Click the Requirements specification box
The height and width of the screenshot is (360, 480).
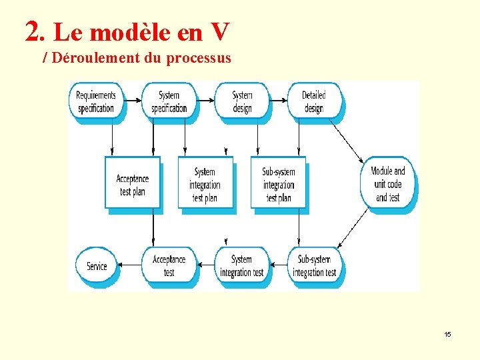[96, 102]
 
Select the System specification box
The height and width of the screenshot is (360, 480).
[169, 102]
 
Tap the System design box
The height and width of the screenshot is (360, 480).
[243, 102]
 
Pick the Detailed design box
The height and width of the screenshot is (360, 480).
[314, 102]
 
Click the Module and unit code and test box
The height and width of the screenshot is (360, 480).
[388, 184]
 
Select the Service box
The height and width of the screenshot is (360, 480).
[97, 266]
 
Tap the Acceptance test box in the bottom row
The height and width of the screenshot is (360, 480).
[169, 266]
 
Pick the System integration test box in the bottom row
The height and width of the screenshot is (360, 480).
[241, 266]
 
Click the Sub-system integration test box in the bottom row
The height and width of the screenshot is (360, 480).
[314, 266]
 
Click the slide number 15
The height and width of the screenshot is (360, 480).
[447, 334]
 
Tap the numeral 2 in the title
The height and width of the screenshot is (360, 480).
[31, 30]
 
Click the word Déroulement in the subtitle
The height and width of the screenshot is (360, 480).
[96, 58]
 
